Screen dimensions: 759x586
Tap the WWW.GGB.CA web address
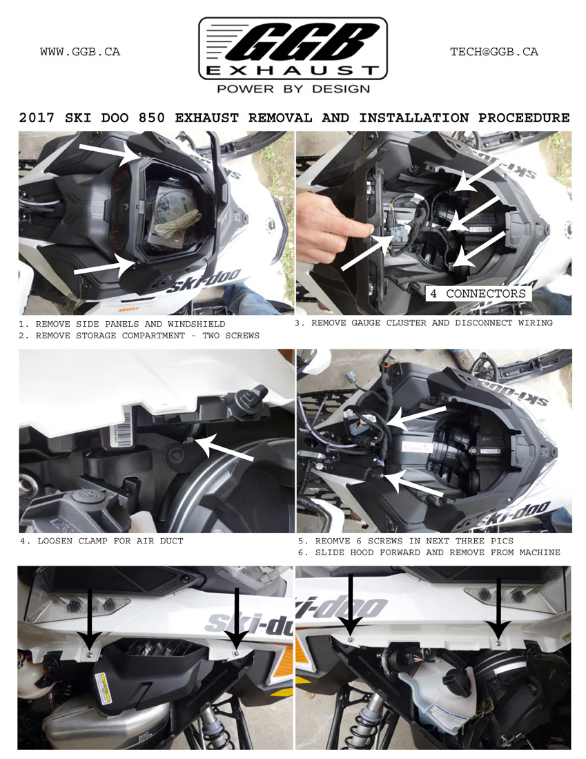point(80,52)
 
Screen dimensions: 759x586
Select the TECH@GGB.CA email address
point(494,52)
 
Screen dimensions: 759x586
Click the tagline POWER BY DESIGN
point(293,89)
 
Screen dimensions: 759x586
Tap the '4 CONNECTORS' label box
point(478,294)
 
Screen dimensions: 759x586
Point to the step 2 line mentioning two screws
point(138,335)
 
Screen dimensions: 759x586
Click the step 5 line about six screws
point(414,541)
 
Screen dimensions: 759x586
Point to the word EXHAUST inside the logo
point(293,70)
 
